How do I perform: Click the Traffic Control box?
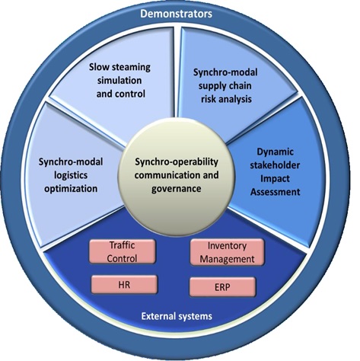(x=122, y=251)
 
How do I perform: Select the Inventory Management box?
(x=227, y=252)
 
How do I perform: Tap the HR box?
(x=124, y=285)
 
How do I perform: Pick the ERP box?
(x=222, y=287)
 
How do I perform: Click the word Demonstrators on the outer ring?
(x=176, y=14)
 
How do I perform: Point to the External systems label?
(x=177, y=316)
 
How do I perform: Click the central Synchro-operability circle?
(x=177, y=176)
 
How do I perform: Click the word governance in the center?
(x=177, y=189)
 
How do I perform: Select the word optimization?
(x=71, y=189)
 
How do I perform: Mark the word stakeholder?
(x=275, y=165)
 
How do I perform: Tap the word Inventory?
(x=227, y=246)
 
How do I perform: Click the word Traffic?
(x=122, y=245)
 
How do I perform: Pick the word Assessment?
(x=276, y=192)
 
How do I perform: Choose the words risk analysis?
(x=226, y=99)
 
